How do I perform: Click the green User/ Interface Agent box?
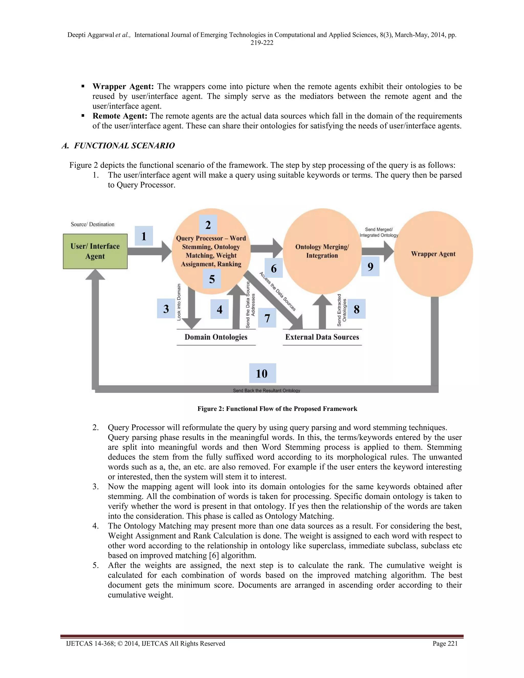[x=95, y=251]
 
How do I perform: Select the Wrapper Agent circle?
[x=433, y=254]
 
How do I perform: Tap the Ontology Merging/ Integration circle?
[x=322, y=251]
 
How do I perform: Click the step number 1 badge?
[x=144, y=236]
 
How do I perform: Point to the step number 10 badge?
[x=262, y=373]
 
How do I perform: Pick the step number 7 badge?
[x=267, y=318]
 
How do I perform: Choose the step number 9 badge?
[x=370, y=266]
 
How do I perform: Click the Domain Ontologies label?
[x=216, y=337]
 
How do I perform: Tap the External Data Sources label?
[x=322, y=337]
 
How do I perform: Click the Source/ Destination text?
[x=93, y=224]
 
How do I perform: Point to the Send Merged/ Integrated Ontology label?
[x=379, y=232]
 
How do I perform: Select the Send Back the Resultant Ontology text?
[x=266, y=390]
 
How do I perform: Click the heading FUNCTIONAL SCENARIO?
[x=124, y=146]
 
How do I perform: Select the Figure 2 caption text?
[x=277, y=409]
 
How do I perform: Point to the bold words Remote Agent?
[x=120, y=116]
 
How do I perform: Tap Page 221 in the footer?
[x=445, y=643]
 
